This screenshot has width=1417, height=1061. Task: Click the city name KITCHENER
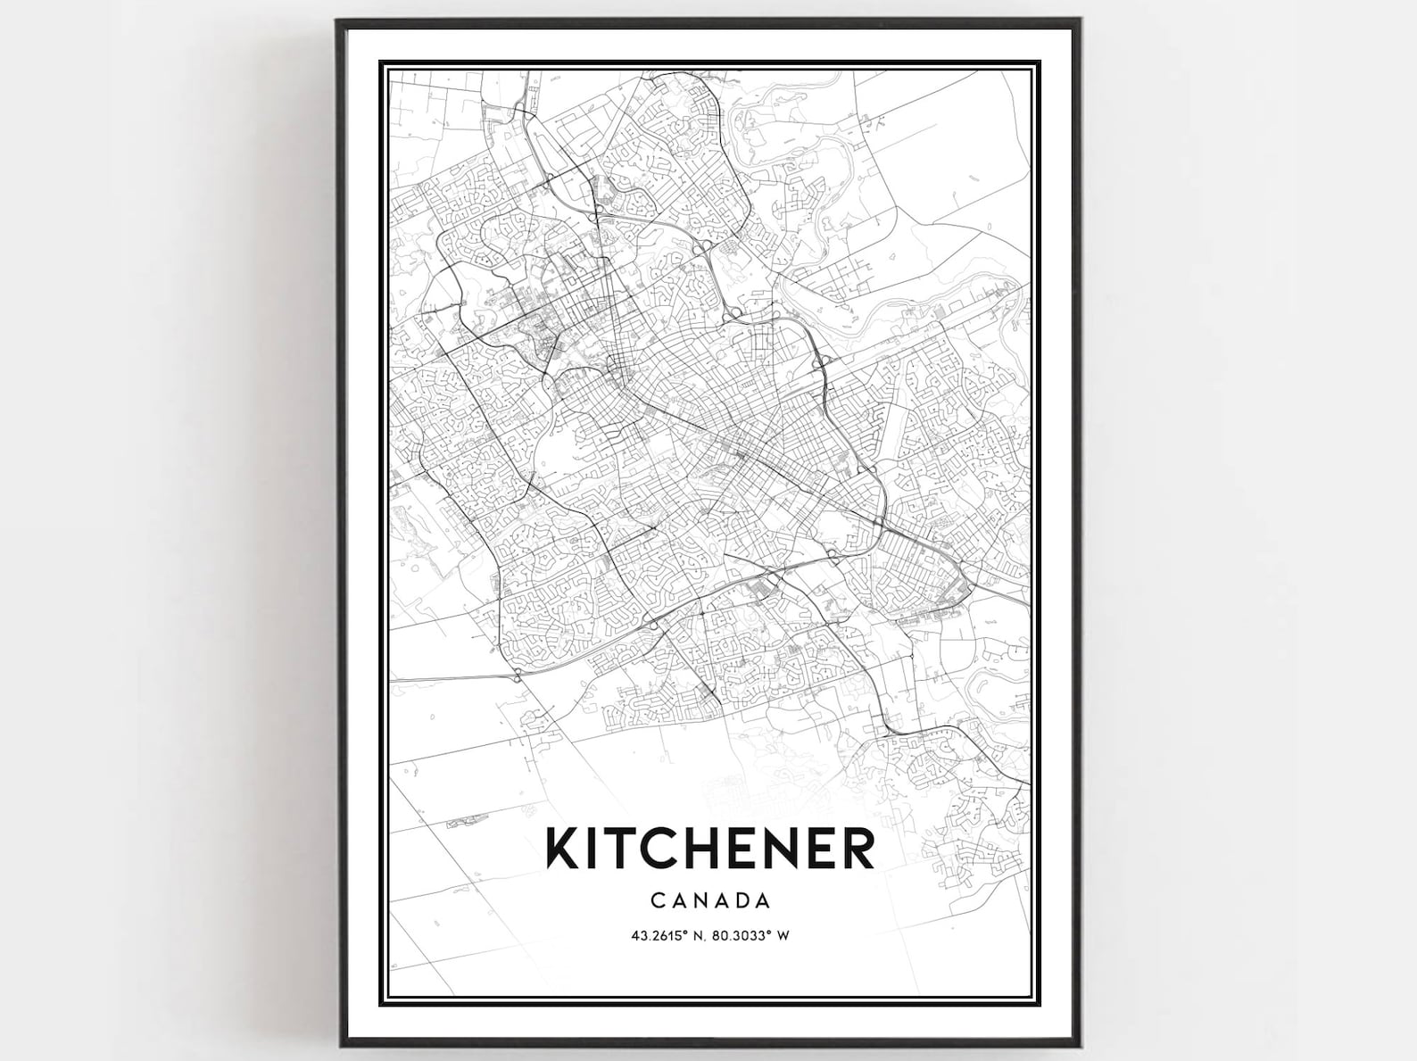click(710, 849)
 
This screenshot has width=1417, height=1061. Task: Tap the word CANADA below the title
click(710, 899)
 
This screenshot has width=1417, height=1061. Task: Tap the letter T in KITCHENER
click(623, 849)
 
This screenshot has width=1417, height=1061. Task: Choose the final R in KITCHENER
click(858, 849)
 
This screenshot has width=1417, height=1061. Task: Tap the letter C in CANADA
click(658, 899)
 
